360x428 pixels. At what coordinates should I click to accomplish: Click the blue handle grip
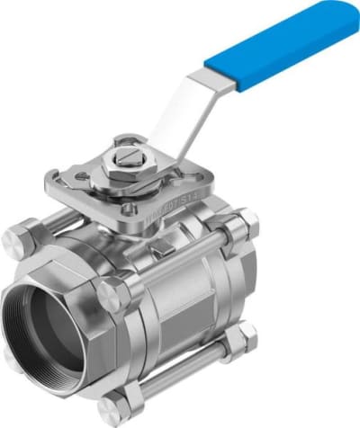279,45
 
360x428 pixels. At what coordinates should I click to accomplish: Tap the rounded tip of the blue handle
346,14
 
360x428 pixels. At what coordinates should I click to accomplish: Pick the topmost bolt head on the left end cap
19,237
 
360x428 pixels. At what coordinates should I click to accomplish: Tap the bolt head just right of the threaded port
114,294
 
